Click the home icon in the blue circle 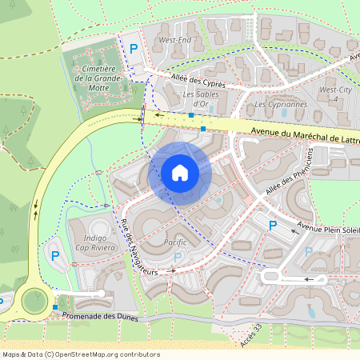[179, 173]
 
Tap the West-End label [174, 39]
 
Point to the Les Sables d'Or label [200, 99]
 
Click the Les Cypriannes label [280, 104]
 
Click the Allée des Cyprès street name [198, 81]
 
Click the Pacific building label [175, 242]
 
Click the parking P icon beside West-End [134, 49]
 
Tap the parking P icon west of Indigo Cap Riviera [55, 256]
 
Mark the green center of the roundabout [34, 300]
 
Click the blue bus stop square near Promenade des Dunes [54, 307]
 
